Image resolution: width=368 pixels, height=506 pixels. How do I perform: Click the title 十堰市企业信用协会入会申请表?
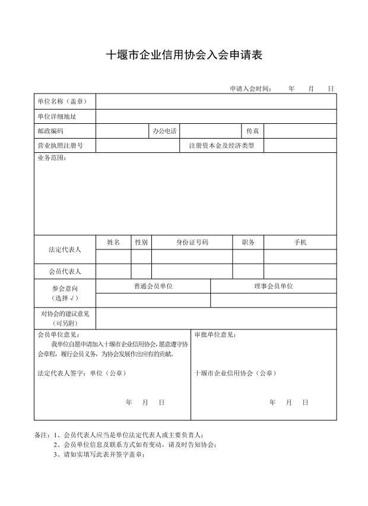coord(184,55)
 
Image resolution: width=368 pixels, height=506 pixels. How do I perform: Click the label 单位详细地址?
coord(57,116)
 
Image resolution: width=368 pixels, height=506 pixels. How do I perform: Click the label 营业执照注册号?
coord(60,145)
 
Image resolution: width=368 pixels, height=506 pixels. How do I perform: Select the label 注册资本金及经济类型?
coord(221,145)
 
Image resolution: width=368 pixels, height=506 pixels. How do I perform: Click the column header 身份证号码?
coord(192,242)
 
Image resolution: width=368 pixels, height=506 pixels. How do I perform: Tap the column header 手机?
coord(300,242)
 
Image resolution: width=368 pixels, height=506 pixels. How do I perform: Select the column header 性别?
coord(141,242)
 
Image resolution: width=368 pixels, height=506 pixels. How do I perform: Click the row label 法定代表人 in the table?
coord(65,249)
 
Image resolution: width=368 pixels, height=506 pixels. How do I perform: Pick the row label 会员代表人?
coord(65,271)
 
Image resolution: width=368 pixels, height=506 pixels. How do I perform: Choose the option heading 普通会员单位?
coord(153,286)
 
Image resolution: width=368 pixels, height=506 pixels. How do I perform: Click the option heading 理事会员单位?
coord(274,286)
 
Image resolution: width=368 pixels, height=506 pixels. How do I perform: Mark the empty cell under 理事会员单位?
coord(274,300)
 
